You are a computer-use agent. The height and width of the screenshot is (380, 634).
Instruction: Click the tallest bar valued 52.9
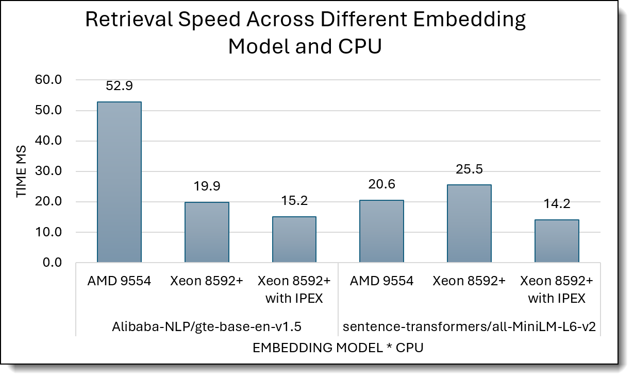pos(119,182)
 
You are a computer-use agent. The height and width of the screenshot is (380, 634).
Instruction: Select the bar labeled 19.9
pos(207,232)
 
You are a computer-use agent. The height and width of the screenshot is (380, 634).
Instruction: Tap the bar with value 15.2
pos(294,239)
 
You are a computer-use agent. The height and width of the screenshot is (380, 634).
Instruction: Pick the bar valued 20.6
pos(381,231)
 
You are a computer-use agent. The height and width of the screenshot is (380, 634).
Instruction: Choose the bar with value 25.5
pos(469,223)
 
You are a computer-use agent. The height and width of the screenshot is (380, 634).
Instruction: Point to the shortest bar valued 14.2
pos(557,241)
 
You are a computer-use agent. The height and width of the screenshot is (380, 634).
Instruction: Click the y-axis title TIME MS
pos(21,171)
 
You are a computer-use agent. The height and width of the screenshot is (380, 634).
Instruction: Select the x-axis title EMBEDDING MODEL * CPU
pos(338,348)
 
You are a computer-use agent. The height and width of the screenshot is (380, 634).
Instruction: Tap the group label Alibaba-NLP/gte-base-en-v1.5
pos(207,326)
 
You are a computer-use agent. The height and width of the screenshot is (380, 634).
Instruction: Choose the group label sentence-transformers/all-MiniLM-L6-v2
pos(469,326)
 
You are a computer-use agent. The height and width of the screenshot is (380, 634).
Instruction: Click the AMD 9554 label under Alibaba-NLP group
pos(119,281)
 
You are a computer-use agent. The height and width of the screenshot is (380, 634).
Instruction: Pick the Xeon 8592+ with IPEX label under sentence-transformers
pos(557,289)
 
